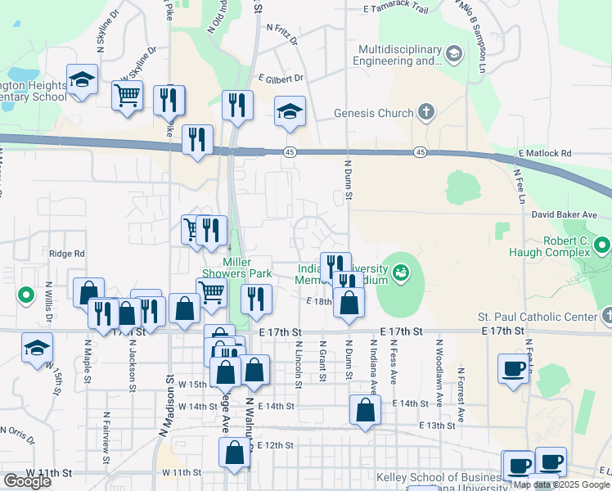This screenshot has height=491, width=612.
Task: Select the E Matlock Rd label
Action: [544, 153]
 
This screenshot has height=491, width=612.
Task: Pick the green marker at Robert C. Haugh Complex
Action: [602, 245]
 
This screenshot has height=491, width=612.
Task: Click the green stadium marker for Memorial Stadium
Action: [401, 272]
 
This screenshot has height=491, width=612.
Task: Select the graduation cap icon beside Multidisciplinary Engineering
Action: [454, 54]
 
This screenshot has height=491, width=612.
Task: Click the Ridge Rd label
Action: [67, 255]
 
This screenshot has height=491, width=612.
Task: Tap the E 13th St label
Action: [436, 426]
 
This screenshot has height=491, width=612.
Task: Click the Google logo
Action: [27, 481]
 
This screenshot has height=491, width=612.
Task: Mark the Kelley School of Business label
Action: [438, 478]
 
